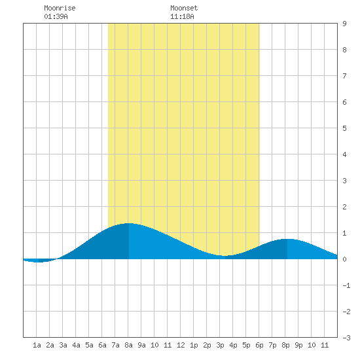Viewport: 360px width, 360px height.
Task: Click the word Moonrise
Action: click(x=60, y=8)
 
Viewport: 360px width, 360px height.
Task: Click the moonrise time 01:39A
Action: click(x=56, y=16)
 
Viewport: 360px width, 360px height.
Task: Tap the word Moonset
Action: click(x=184, y=8)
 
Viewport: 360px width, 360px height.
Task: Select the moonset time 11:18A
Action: click(x=182, y=16)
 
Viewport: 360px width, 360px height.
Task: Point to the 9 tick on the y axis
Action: click(x=344, y=24)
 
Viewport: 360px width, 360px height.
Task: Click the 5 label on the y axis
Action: click(x=344, y=128)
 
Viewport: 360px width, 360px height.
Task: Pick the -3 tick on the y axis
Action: click(x=346, y=338)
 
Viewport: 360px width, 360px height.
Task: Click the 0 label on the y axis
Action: click(x=344, y=259)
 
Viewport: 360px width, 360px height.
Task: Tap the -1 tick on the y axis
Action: click(x=346, y=285)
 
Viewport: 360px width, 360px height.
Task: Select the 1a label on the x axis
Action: click(x=37, y=345)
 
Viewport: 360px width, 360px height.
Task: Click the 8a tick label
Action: click(x=128, y=345)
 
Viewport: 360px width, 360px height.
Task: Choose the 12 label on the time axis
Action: click(x=181, y=345)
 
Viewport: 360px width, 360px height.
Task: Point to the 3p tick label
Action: click(x=220, y=345)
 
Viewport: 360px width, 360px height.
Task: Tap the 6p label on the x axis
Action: click(x=259, y=345)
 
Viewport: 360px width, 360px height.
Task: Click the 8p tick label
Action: click(x=285, y=345)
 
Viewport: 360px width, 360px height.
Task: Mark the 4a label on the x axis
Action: click(x=76, y=345)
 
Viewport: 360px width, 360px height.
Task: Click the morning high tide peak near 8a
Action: click(x=129, y=223)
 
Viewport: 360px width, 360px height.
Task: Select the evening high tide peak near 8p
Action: click(x=287, y=239)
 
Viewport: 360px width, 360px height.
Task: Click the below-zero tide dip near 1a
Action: click(x=39, y=262)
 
